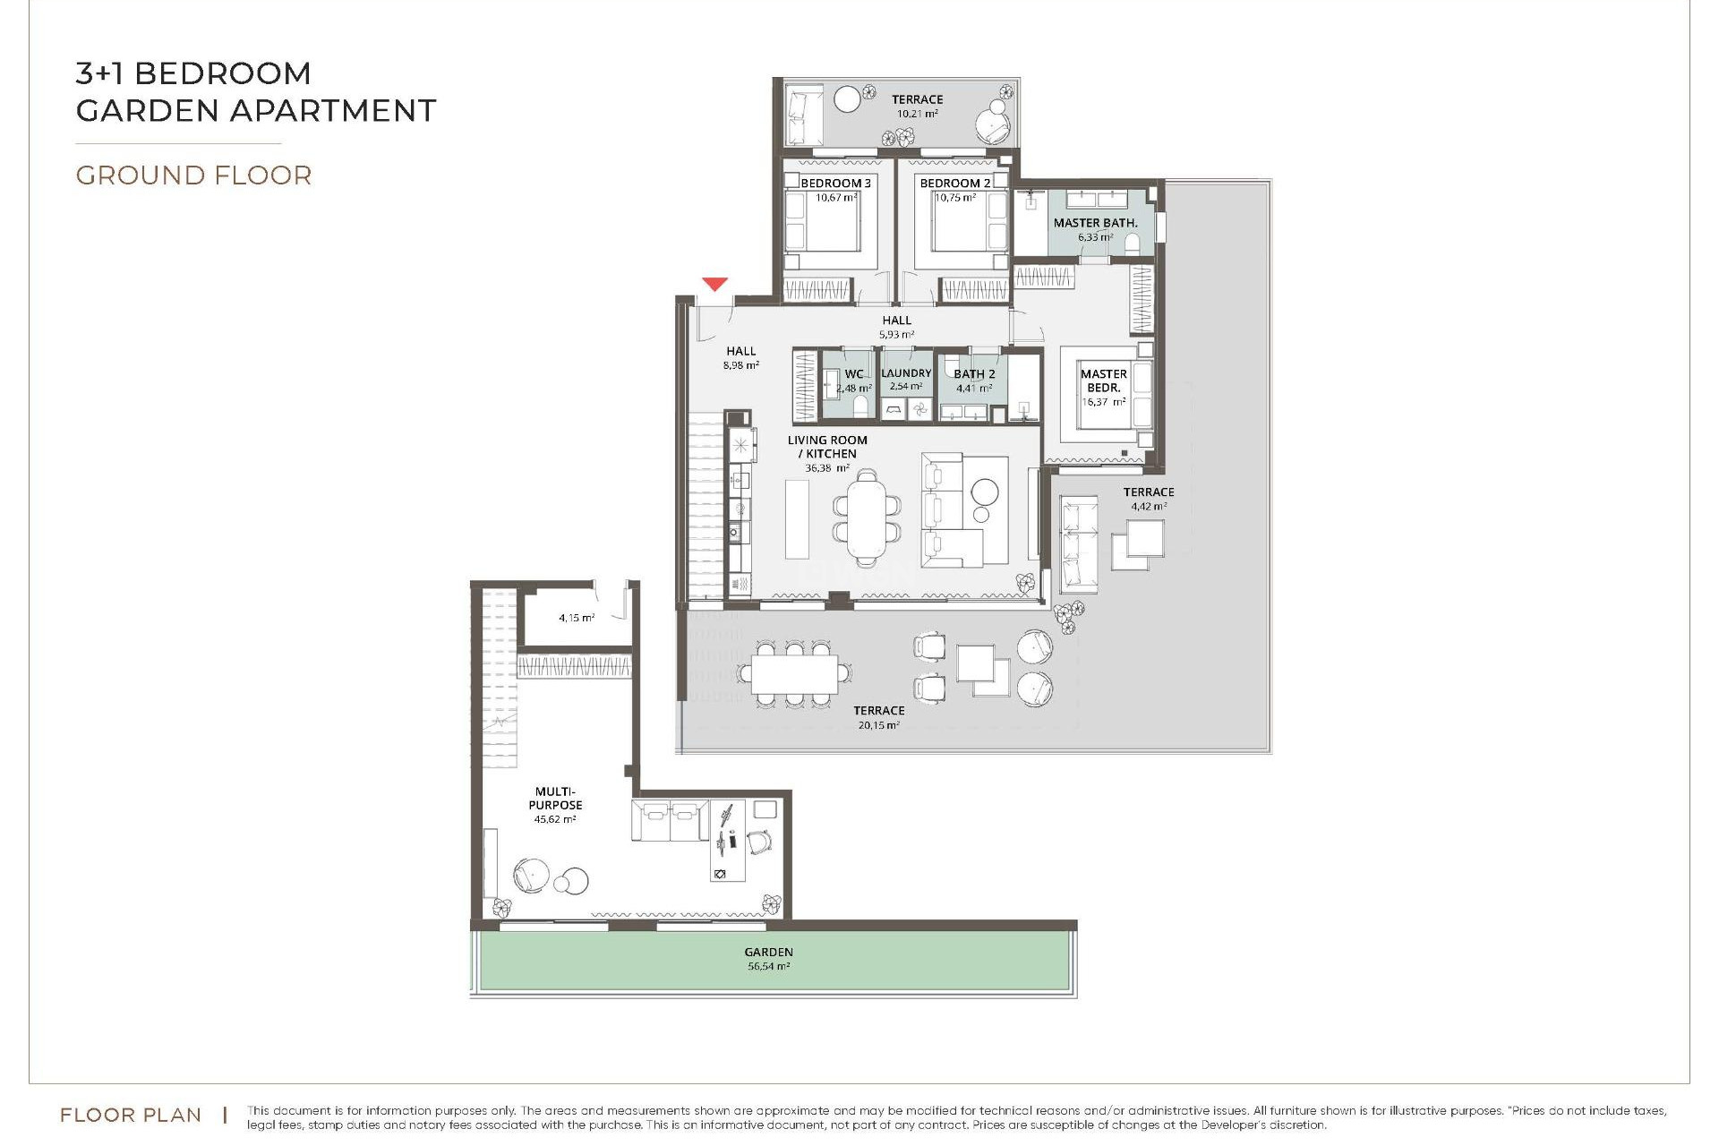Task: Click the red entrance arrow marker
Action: click(x=714, y=284)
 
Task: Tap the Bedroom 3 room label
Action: click(x=835, y=184)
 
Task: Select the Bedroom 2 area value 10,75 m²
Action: click(x=954, y=198)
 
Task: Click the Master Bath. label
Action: click(x=1095, y=223)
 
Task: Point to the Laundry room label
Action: click(x=906, y=373)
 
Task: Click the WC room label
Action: click(x=854, y=374)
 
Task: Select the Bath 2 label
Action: click(x=974, y=374)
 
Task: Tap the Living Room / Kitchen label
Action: click(x=827, y=447)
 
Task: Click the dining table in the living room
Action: click(x=866, y=518)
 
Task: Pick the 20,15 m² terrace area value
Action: click(x=878, y=725)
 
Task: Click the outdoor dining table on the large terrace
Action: click(x=794, y=673)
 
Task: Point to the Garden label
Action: click(x=768, y=953)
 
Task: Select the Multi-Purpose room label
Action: click(x=555, y=799)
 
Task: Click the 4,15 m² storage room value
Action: click(x=577, y=618)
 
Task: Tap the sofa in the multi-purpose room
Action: click(x=670, y=821)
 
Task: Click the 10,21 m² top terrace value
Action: click(x=917, y=115)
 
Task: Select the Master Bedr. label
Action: click(x=1103, y=381)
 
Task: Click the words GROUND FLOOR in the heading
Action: click(x=193, y=175)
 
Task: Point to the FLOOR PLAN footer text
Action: click(x=131, y=1116)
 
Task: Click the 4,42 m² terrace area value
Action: click(x=1149, y=507)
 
